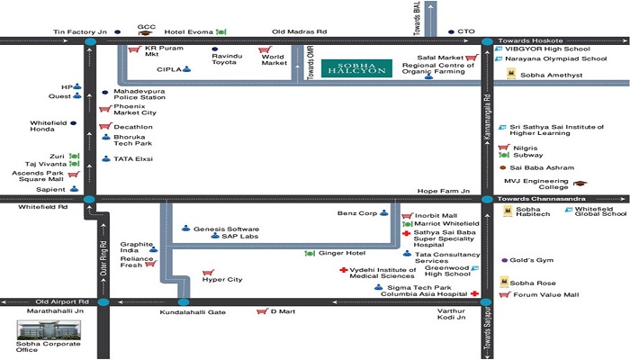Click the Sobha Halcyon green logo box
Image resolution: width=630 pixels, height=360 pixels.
coord(356,68)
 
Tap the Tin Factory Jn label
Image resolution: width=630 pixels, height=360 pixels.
coord(80,31)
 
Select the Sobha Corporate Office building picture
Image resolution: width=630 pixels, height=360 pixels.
coord(49,330)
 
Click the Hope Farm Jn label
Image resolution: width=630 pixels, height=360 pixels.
coord(444,191)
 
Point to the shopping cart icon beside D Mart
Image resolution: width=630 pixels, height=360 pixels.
coord(262,311)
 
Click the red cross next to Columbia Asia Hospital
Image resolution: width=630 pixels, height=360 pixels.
coord(474,293)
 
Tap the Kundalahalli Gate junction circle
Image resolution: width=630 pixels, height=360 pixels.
coord(184,302)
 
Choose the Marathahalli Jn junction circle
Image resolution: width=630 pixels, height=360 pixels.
coord(103,302)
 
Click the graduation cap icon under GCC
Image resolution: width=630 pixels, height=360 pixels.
coord(145,33)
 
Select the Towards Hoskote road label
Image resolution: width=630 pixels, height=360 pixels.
coord(530,40)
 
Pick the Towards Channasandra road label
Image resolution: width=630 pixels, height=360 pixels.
coord(541,199)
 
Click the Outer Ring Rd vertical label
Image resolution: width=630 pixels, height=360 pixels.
coord(103,258)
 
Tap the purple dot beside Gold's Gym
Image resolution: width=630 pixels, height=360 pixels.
coord(505,260)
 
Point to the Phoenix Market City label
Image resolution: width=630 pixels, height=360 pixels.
coord(135,110)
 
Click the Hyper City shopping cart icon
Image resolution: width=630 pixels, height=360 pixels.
coord(208,273)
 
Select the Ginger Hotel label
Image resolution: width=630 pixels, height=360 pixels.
coord(342,253)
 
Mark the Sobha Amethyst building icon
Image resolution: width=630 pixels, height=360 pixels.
coord(511,74)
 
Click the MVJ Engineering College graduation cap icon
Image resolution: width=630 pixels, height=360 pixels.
coord(580,184)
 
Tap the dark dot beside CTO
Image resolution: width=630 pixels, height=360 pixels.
coord(451,31)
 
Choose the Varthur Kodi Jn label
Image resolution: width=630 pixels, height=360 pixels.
coord(451,314)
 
